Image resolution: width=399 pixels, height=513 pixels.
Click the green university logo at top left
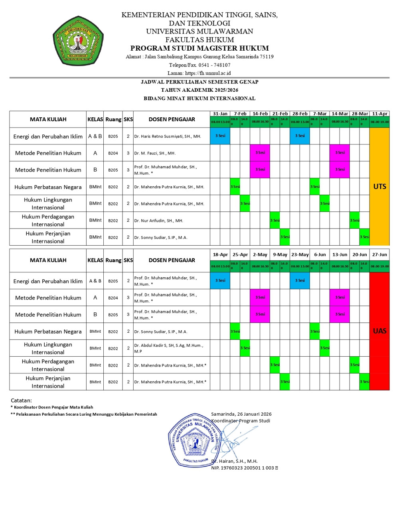pos(78,41)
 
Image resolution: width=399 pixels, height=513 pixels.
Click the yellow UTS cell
pos(379,186)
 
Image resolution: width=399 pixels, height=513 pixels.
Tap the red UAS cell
pos(379,331)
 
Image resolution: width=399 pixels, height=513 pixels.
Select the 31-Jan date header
pos(220,114)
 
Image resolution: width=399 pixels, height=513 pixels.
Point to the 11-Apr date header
pos(379,114)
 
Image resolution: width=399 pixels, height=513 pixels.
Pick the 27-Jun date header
pos(379,255)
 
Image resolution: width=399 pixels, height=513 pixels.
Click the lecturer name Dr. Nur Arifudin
pos(158,221)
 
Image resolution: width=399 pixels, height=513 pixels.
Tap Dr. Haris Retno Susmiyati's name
pos(168,136)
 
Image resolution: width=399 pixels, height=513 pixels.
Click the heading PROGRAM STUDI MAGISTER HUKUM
pos(199,48)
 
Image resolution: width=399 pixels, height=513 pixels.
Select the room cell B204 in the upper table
pos(113,153)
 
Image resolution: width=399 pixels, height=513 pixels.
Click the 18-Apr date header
pos(220,255)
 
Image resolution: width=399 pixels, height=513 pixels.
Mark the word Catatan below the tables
pos(21,400)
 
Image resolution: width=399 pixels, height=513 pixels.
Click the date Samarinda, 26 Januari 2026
pos(241,414)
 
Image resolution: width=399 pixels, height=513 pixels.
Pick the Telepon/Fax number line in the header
pos(199,65)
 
